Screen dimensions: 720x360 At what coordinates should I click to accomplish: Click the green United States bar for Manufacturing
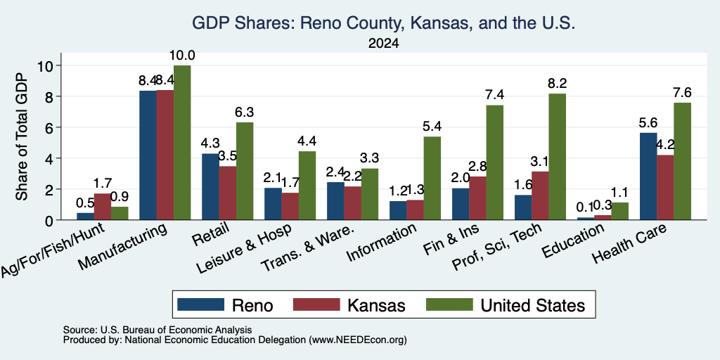[182, 142]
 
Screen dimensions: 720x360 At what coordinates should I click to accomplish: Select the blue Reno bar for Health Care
[648, 176]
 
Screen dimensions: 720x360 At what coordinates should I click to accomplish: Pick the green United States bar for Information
[432, 178]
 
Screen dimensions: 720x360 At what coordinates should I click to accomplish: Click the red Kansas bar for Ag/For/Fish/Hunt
[103, 207]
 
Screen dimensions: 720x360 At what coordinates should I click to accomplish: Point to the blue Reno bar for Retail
[210, 186]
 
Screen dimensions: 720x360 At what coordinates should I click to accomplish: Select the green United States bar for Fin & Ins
[494, 162]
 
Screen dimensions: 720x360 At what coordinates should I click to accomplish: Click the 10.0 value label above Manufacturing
[182, 56]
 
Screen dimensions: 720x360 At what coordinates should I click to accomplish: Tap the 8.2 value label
[557, 84]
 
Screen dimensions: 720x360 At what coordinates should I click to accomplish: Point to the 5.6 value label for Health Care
[648, 122]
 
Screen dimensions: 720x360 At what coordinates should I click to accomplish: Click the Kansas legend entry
[349, 305]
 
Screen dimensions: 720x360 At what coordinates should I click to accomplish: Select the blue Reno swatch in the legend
[200, 304]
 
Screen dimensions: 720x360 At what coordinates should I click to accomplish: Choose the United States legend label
[533, 305]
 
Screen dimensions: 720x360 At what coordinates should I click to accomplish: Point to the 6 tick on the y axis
[52, 127]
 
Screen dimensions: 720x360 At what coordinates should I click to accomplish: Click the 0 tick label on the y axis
[52, 220]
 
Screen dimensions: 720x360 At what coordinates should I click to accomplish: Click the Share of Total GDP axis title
[22, 136]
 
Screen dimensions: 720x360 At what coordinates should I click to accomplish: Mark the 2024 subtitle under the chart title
[383, 44]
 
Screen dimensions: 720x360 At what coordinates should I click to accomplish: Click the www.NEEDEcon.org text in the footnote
[358, 340]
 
